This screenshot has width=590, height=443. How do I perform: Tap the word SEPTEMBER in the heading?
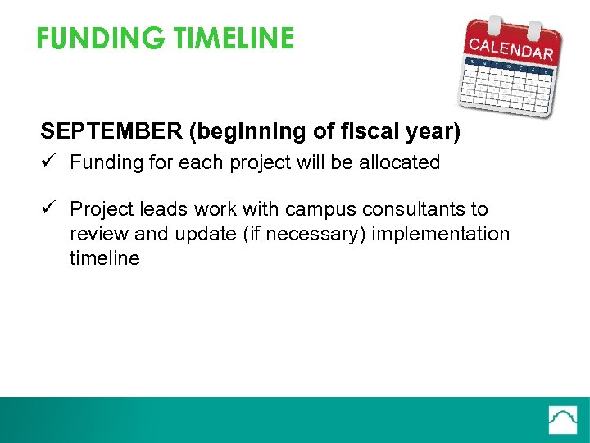[101, 131]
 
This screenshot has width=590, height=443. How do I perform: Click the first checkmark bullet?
[49, 162]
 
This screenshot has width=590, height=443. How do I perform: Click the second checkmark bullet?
[49, 209]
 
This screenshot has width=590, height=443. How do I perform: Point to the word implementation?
[441, 234]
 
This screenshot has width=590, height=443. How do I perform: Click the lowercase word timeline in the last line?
[105, 258]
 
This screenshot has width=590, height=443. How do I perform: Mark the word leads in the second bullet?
[168, 209]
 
